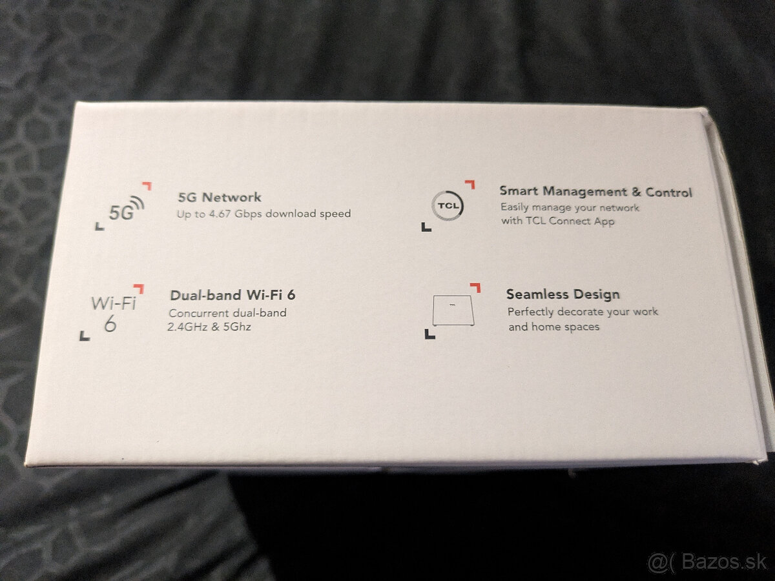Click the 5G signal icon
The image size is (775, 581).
(126, 209)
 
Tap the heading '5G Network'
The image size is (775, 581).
(220, 198)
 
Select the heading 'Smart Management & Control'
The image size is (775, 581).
(595, 192)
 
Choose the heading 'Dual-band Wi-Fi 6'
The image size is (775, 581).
(232, 296)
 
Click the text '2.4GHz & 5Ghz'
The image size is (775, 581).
(209, 327)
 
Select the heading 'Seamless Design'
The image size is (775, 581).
(563, 294)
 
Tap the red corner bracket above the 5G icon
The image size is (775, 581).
(147, 186)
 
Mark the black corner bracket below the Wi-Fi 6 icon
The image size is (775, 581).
(84, 336)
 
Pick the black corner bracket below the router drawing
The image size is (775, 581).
(429, 334)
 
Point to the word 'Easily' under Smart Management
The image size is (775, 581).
(515, 208)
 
